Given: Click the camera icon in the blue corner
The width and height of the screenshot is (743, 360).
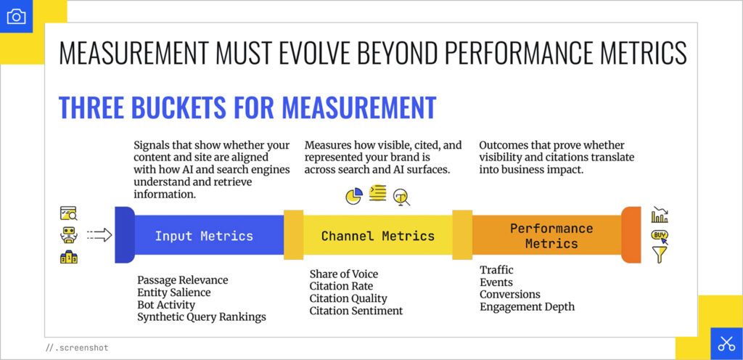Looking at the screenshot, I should pos(16,16).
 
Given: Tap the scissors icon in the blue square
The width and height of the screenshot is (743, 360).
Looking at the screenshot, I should pos(726,344).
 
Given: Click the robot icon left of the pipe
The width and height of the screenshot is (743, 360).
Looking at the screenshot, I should pos(69,234).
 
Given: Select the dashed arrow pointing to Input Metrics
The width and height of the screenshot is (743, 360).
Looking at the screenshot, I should pos(99,234).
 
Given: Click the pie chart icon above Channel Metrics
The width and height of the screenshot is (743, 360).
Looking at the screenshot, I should pos(353,195).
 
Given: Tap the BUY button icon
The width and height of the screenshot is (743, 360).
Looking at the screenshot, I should pos(660,234).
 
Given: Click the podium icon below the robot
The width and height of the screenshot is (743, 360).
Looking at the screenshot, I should pos(69,256).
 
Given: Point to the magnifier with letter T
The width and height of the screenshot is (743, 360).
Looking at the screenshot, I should pos(401,197).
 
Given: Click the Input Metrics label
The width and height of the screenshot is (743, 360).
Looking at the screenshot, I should pos(204,236).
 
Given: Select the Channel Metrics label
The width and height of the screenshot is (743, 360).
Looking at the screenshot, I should pos(378,236).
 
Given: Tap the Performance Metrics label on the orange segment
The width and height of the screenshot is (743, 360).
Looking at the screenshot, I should pos(551,236).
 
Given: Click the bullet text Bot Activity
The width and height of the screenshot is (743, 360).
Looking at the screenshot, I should pos(166,305).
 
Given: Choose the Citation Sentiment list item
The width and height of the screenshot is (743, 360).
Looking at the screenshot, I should pos(356,311).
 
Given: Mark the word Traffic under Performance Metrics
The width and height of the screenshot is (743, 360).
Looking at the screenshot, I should pos(497,270).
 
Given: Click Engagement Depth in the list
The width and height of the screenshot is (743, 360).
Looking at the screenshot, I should pos(527,306).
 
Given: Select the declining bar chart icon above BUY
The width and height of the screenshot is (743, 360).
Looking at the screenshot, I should pos(660,215).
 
